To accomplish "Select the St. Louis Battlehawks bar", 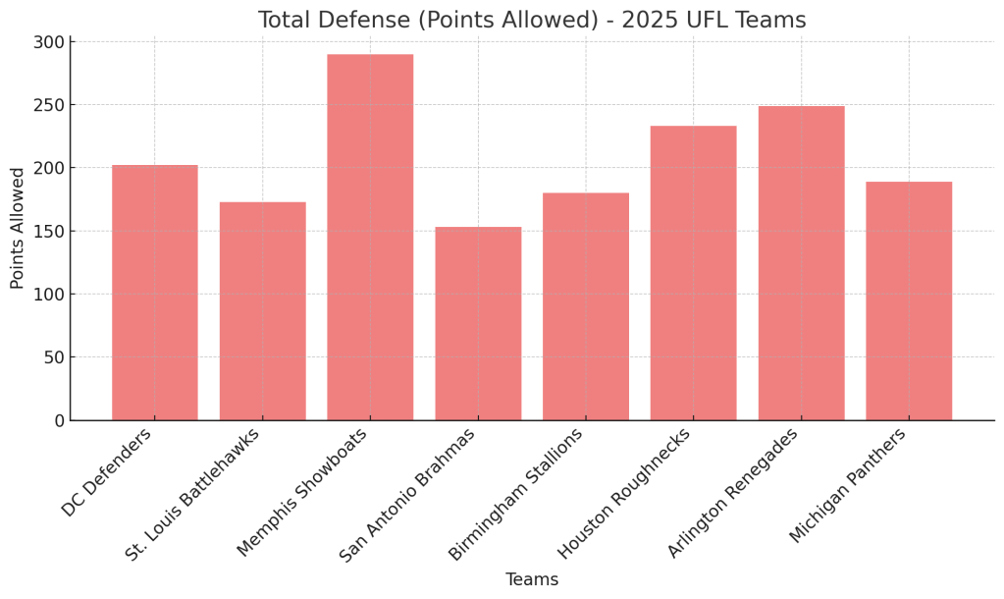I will coord(262,311).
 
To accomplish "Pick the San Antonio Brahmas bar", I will coord(478,323).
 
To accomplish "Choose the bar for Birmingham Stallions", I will coord(586,306).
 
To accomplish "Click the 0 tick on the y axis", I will coord(59,420).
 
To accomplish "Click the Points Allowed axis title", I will coord(18,228).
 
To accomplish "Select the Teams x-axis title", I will coord(532,579).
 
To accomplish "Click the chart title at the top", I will coord(532,20).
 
